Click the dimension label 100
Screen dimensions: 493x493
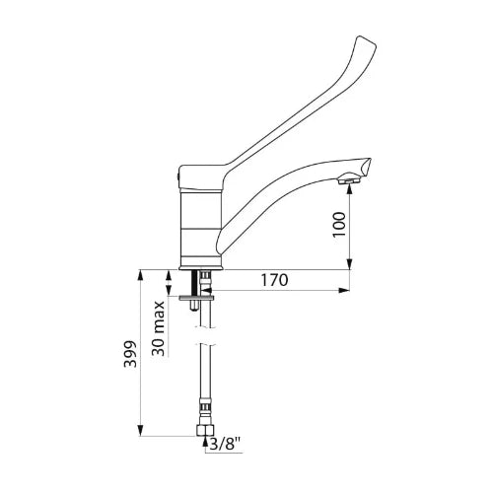coord(339,225)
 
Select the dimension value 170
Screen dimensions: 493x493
coord(274,280)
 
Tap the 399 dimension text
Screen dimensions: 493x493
coord(130,354)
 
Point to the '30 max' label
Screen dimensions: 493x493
coord(159,328)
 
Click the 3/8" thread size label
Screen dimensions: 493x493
coord(225,445)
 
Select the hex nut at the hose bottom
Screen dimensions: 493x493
coord(205,430)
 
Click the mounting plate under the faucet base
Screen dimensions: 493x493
coord(196,298)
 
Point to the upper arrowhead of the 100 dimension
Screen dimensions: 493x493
coord(349,187)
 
